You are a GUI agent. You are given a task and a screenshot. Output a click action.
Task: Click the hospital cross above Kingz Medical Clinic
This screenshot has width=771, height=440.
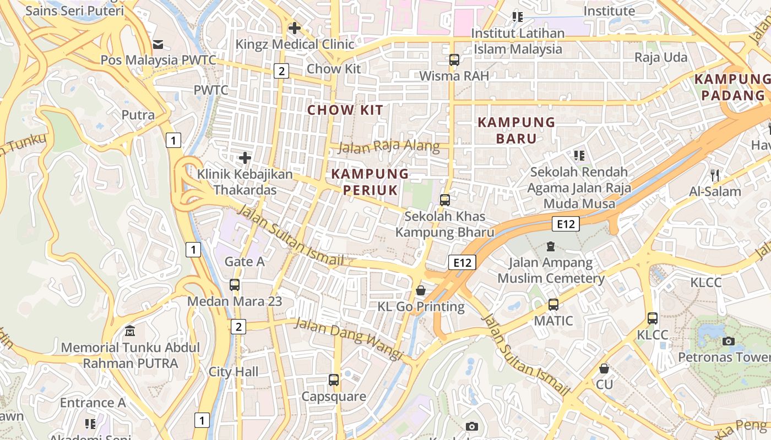point(295,28)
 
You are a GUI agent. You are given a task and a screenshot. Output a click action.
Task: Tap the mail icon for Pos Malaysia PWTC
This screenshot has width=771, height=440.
point(158,44)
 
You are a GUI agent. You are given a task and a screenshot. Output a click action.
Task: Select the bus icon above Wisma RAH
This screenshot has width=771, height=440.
point(454,60)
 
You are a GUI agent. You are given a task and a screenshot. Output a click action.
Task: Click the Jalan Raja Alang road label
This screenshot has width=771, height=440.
point(389,146)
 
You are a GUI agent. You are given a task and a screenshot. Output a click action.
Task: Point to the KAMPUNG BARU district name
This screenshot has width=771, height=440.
point(516,130)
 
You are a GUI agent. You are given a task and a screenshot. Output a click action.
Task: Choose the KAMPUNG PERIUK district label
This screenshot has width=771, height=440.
point(370,182)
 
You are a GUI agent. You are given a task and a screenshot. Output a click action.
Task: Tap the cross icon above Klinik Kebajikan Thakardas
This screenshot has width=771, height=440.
point(245,158)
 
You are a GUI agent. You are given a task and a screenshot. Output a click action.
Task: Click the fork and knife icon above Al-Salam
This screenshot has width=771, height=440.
point(715,175)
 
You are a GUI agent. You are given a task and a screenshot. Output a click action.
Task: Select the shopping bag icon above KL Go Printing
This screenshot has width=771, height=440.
point(421,290)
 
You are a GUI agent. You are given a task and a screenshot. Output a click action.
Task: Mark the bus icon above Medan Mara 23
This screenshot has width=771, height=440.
point(235,285)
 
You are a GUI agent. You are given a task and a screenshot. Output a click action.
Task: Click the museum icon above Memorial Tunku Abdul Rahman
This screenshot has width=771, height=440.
point(130,331)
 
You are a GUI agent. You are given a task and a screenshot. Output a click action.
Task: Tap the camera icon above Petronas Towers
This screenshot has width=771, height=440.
point(728,341)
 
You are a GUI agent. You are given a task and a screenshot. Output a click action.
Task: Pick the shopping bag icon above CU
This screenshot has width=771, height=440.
point(604,368)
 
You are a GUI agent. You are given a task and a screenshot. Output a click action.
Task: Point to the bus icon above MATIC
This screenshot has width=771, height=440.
point(553,304)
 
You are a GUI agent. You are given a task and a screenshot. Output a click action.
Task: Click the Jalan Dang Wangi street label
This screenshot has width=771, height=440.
point(349,338)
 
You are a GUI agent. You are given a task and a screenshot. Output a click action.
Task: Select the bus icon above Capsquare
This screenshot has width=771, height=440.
point(334,380)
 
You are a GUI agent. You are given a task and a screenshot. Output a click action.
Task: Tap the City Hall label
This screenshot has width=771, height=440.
point(234,372)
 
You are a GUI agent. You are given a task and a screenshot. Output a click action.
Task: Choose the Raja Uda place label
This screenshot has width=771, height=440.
point(661,57)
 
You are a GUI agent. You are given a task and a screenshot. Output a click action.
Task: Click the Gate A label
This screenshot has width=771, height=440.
point(245,262)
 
